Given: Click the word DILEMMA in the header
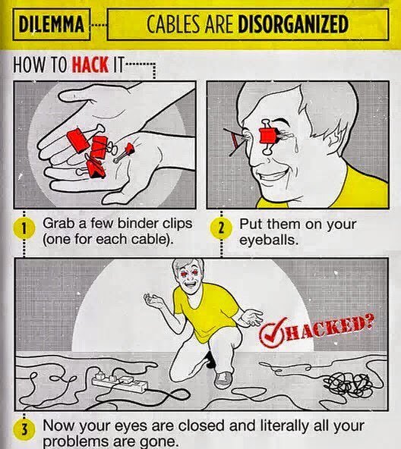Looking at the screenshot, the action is [x=52, y=24].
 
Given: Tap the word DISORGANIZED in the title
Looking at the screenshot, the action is [x=293, y=24].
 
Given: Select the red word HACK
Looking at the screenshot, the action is [x=90, y=64].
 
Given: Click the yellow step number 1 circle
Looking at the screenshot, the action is [x=24, y=229].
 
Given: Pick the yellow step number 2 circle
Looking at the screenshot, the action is [x=221, y=229].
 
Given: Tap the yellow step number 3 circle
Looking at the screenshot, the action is [x=24, y=430].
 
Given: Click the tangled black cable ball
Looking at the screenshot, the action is [x=348, y=385].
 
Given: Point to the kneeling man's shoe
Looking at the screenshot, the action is [x=223, y=380].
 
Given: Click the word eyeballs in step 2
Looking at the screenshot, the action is [x=269, y=240].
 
